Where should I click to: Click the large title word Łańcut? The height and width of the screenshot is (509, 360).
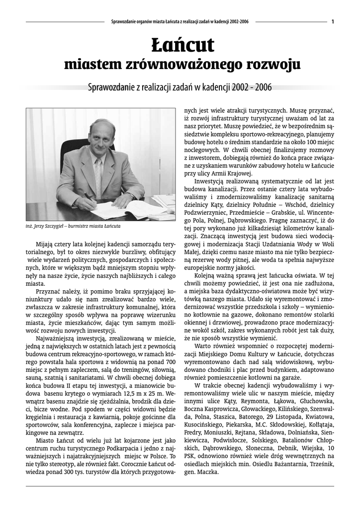click(x=182, y=45)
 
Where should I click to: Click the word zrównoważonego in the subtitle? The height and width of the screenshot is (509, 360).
click(x=185, y=64)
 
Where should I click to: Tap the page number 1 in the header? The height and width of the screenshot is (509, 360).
click(x=332, y=21)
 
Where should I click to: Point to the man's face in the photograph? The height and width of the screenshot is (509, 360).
click(x=102, y=138)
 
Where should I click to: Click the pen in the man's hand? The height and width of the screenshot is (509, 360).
click(x=90, y=197)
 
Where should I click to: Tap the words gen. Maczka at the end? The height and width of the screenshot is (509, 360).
click(x=200, y=472)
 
